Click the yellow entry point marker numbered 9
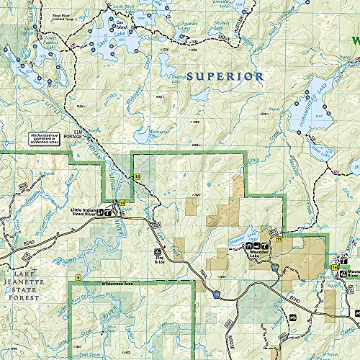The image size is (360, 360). point(77,277)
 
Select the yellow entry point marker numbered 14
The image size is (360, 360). point(122,204)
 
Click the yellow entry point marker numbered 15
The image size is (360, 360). point(137,176)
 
